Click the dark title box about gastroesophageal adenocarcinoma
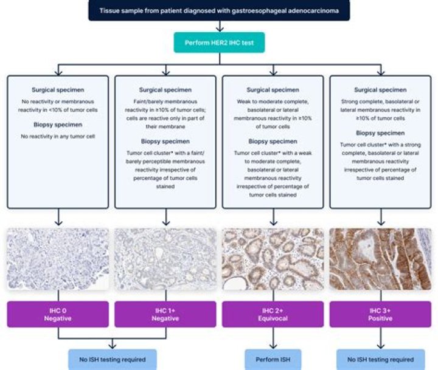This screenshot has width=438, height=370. (218, 10)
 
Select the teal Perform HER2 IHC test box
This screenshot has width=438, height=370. (218, 43)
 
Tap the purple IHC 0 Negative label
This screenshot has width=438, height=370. (58, 314)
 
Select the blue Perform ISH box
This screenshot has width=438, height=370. (272, 360)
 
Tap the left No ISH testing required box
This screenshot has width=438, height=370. (111, 360)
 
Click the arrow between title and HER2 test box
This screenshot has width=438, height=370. (218, 26)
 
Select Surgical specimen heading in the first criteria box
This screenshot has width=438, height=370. (58, 89)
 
